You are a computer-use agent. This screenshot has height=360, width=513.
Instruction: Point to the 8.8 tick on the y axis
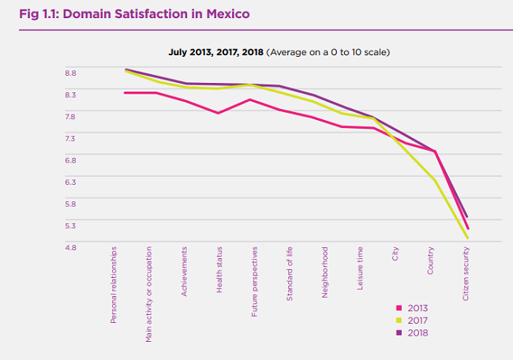click(x=71, y=73)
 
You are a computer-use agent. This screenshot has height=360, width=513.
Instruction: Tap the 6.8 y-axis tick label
click(x=71, y=160)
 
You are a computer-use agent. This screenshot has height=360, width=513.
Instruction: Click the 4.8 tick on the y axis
click(x=71, y=247)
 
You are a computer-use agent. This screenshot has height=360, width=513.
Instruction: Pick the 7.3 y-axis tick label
click(x=71, y=138)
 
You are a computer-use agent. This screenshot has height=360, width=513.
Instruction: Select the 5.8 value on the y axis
click(x=71, y=204)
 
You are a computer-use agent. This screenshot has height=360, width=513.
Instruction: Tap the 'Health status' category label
click(x=219, y=270)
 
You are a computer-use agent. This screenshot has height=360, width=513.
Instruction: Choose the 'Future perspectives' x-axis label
click(x=255, y=280)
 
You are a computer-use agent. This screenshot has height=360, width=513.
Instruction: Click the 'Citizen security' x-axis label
click(x=466, y=276)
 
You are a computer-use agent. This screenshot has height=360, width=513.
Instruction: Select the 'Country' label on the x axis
click(x=431, y=261)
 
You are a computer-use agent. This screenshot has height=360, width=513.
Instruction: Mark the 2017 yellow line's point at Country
click(x=435, y=180)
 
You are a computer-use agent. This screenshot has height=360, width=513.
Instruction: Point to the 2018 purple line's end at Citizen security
click(x=468, y=216)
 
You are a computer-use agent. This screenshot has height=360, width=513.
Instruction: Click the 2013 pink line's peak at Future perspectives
click(x=250, y=99)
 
